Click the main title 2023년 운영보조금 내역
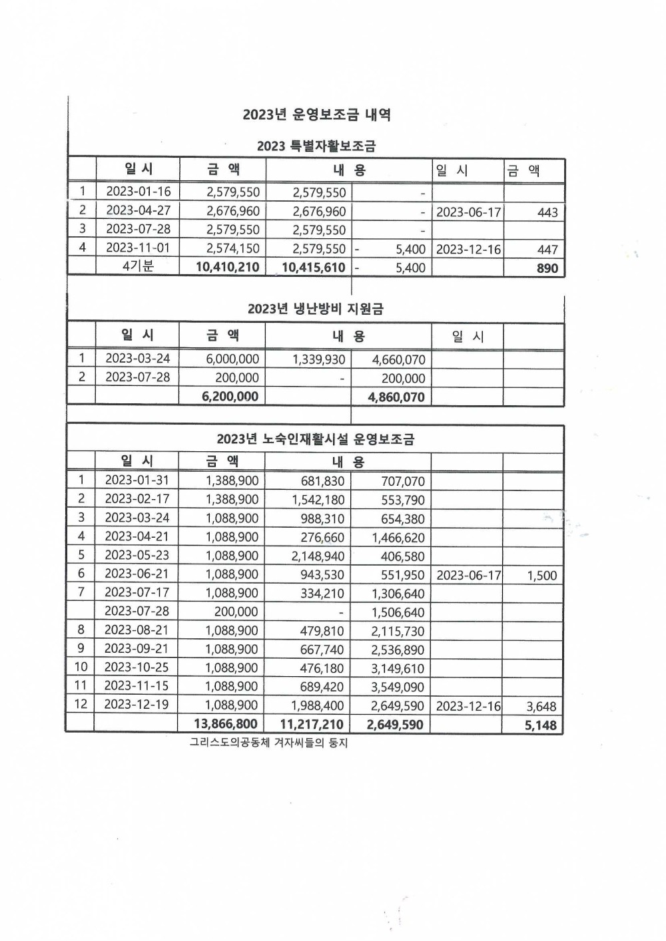[x=316, y=114]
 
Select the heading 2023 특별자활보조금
[x=316, y=146]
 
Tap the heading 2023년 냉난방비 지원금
[x=316, y=309]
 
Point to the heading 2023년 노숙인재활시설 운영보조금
[x=316, y=439]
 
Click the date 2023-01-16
[x=138, y=192]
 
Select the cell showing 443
[x=547, y=212]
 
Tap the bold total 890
[x=547, y=268]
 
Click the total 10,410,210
[x=227, y=268]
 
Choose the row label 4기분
[x=138, y=266]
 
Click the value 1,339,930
[x=318, y=359]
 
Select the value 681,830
[x=322, y=481]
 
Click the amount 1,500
[x=541, y=576]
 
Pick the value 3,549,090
[x=397, y=687]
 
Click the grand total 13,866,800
[x=225, y=724]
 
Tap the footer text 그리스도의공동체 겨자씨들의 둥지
[x=268, y=743]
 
